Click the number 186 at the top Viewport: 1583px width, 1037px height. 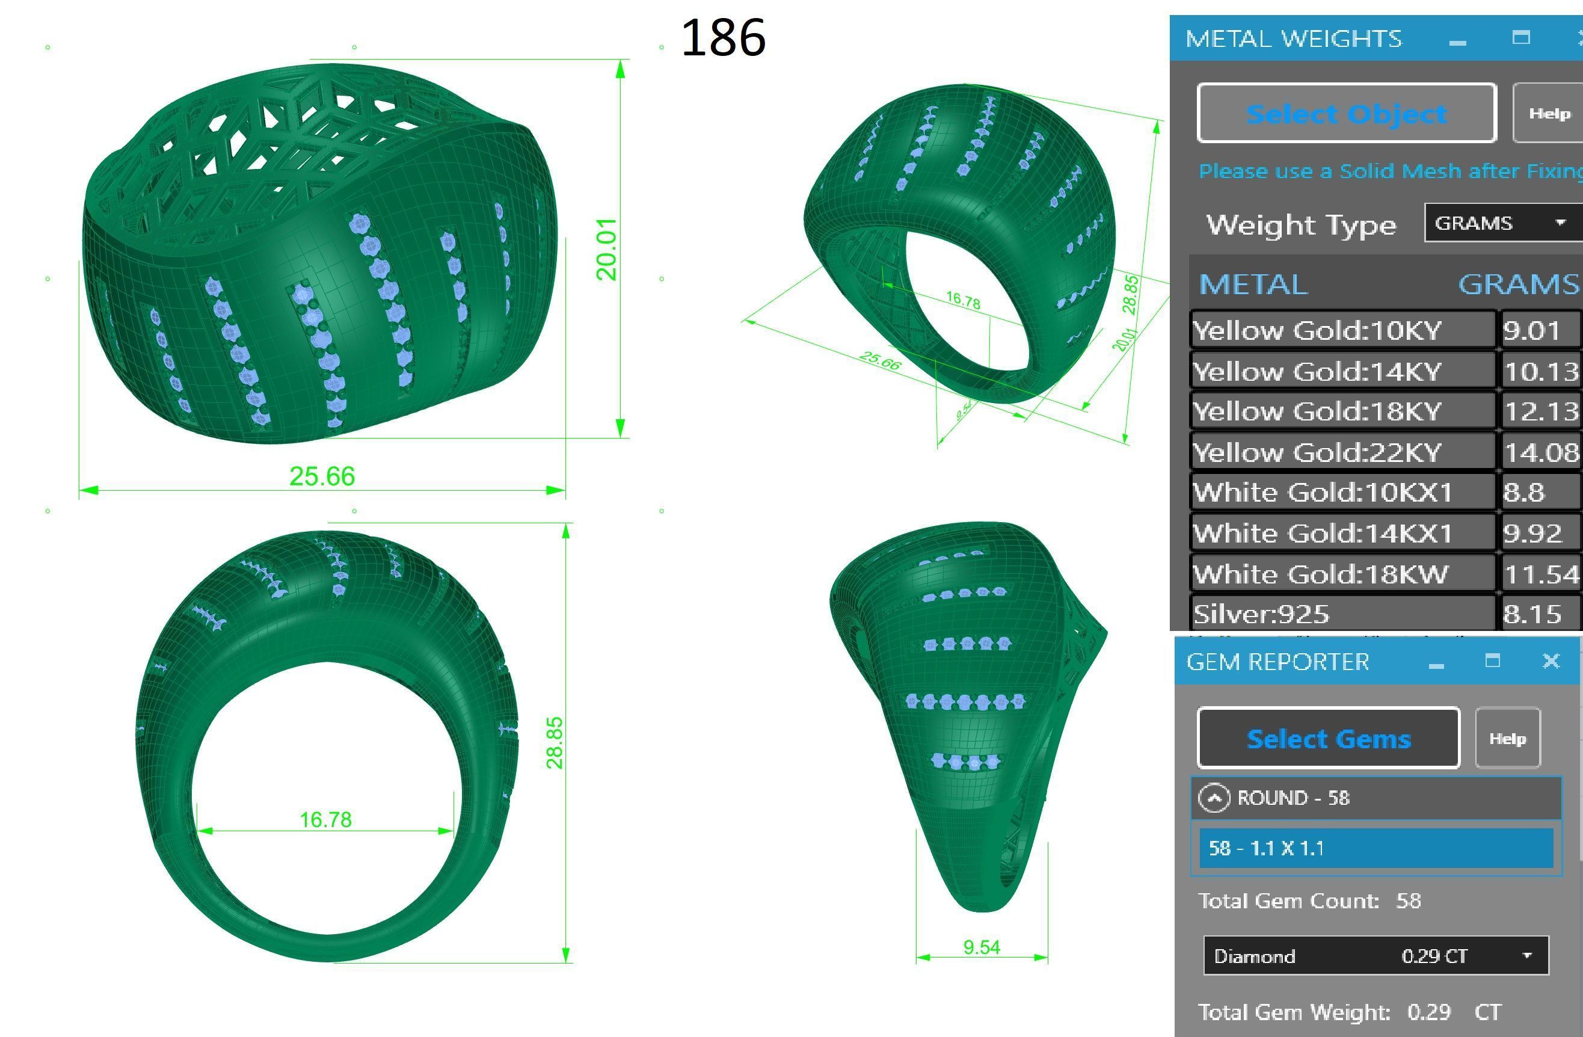[723, 38]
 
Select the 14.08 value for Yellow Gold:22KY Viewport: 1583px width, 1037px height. [1541, 453]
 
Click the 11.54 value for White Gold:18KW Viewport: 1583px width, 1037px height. [1541, 574]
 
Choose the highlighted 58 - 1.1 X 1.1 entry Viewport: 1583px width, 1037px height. [1376, 848]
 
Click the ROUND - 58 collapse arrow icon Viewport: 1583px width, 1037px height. [1214, 798]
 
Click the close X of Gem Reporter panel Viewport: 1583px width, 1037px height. [1551, 660]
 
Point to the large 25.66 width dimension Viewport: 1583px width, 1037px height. [322, 476]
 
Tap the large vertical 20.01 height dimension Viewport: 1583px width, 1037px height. [607, 249]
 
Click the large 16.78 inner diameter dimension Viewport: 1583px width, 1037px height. [325, 819]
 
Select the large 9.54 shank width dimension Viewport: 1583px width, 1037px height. [981, 947]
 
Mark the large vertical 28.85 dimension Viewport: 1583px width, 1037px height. [554, 742]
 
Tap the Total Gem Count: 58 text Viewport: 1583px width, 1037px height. [1309, 900]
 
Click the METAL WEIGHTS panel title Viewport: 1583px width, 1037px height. [1293, 38]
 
